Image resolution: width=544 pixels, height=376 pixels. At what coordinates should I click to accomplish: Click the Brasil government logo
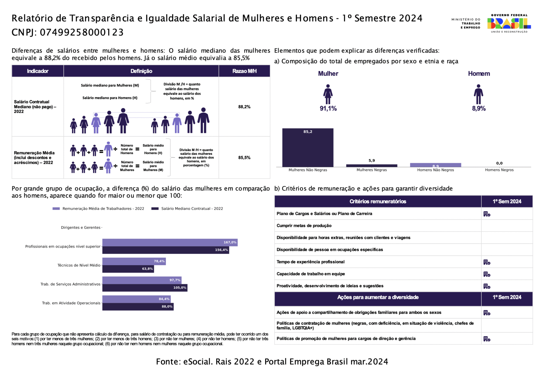(509, 24)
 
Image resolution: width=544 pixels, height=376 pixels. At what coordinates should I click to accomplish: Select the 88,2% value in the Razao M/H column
(244, 107)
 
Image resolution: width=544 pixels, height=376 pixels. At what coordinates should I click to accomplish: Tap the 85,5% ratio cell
(244, 158)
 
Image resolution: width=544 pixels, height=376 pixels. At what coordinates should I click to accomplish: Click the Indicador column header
(38, 71)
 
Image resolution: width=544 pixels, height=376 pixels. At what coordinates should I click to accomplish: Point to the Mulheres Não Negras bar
(308, 148)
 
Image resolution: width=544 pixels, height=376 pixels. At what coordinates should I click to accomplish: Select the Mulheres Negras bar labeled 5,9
(371, 165)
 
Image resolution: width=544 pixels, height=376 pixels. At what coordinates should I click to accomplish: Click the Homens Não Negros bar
(435, 165)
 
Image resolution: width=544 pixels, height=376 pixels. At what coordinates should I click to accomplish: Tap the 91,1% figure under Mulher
(328, 109)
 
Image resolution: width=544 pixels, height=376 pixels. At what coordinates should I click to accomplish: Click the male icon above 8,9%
(478, 94)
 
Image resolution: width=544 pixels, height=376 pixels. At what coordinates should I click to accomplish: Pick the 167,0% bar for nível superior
(170, 243)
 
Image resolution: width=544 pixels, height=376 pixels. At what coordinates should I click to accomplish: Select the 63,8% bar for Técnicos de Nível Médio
(128, 269)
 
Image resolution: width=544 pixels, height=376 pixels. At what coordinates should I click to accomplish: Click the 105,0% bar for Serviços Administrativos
(145, 288)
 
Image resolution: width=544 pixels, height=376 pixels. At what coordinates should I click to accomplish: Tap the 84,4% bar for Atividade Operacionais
(136, 299)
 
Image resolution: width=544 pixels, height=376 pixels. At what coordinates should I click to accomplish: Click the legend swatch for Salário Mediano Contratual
(155, 209)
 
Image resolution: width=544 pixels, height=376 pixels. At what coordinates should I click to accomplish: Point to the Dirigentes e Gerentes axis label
(81, 228)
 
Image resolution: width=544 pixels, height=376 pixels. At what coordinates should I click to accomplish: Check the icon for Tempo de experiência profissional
(487, 262)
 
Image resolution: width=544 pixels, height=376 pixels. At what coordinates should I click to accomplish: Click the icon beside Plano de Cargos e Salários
(487, 214)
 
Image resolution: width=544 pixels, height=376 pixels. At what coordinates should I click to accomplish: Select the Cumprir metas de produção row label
(304, 226)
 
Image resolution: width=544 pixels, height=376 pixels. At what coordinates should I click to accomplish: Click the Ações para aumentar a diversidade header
(378, 297)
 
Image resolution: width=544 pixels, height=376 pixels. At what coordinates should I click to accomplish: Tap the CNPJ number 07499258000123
(82, 33)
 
